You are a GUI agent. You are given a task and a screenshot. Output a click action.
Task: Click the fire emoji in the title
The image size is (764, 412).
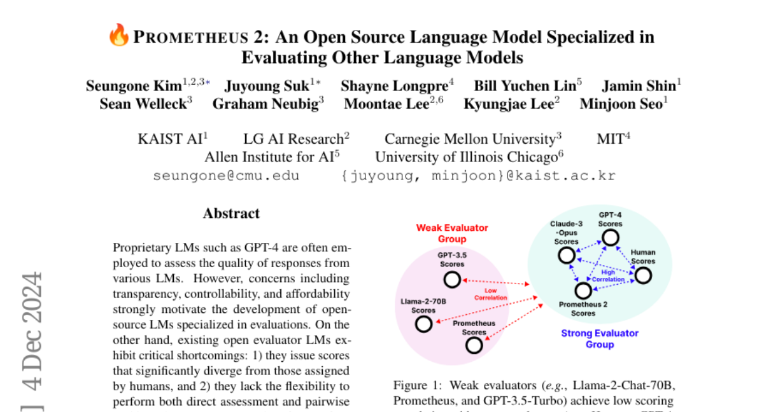click(x=119, y=36)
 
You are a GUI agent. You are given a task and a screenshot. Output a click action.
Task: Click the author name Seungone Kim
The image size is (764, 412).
click(x=134, y=86)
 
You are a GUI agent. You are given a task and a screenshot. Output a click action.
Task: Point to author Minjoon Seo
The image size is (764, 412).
click(x=621, y=104)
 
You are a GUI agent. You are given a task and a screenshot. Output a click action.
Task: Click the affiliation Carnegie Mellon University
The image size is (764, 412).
click(x=470, y=139)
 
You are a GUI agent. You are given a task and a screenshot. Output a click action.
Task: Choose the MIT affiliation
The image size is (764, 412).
click(x=610, y=139)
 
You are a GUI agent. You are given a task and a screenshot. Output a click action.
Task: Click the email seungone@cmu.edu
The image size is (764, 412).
click(x=226, y=175)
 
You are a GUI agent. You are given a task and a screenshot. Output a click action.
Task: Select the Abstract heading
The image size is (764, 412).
click(x=231, y=214)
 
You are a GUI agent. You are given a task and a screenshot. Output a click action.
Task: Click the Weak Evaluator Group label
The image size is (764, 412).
click(x=452, y=233)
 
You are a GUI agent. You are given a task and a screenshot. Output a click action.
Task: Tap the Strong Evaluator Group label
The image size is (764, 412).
click(x=600, y=338)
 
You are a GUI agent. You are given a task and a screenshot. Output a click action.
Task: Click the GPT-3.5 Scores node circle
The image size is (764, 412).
click(x=452, y=280)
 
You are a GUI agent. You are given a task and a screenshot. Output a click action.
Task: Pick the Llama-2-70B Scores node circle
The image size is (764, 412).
click(x=423, y=324)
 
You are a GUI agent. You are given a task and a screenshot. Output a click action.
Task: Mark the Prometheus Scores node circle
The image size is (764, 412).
click(x=474, y=345)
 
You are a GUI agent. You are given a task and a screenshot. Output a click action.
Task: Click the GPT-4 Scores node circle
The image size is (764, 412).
click(x=610, y=238)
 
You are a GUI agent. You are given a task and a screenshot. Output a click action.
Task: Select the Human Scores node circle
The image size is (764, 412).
click(x=643, y=275)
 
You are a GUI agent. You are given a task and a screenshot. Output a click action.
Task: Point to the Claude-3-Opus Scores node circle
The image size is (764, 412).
click(x=566, y=256)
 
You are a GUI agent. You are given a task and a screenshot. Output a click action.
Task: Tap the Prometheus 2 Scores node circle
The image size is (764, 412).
click(x=583, y=291)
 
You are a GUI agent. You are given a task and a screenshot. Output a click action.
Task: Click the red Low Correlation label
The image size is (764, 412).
click(x=491, y=294)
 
